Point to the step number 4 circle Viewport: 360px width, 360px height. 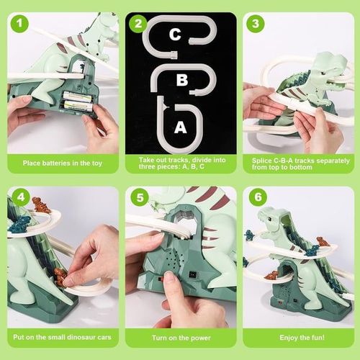click(x=19, y=197)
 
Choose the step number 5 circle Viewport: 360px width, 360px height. click(x=138, y=197)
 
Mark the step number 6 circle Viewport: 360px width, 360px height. click(x=256, y=197)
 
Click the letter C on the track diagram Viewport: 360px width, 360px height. click(x=175, y=33)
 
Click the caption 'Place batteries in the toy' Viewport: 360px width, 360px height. click(x=63, y=163)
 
